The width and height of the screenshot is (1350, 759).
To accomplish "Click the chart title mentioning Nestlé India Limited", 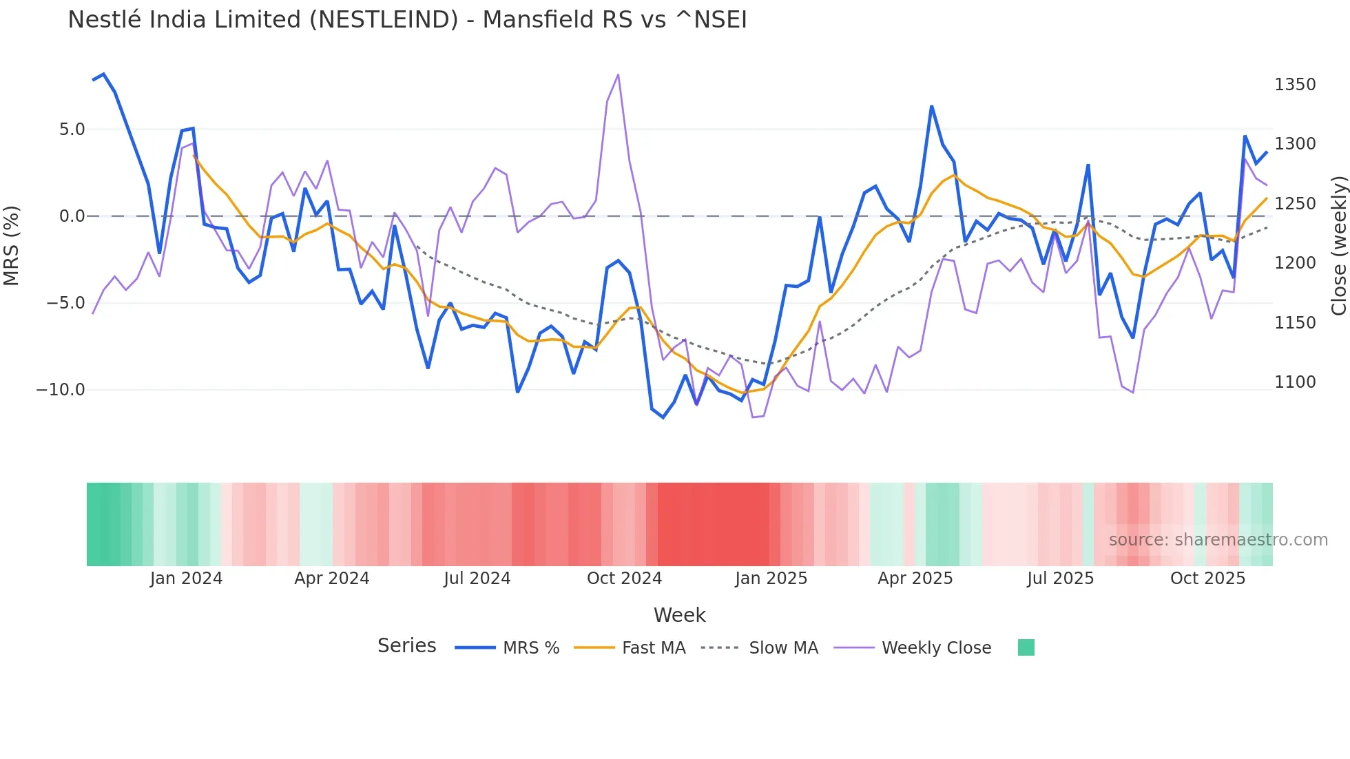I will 407,20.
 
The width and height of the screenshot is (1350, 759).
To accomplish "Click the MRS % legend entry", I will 530,648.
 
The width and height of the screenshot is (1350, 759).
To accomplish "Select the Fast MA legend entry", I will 653,648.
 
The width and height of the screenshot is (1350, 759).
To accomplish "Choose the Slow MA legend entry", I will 783,648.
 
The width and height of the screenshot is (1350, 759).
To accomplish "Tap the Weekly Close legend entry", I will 936,648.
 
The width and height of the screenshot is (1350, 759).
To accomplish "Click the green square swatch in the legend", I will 1026,647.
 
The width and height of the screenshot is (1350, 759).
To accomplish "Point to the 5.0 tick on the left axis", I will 72,129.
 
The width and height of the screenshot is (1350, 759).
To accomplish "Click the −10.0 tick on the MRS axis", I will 61,390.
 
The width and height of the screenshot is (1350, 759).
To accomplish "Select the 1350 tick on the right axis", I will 1295,85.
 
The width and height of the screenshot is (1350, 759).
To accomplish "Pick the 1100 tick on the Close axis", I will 1295,382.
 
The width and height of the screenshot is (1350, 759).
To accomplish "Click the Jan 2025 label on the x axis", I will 771,579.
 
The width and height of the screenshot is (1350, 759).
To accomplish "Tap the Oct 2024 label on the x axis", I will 624,579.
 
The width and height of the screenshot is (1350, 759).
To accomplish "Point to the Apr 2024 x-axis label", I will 332,579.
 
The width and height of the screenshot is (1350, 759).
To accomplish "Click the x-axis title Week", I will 679,615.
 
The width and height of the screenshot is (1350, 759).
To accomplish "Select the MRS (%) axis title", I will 12,245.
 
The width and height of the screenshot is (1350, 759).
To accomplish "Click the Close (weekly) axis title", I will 1338,245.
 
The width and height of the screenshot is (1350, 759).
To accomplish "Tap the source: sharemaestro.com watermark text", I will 1218,540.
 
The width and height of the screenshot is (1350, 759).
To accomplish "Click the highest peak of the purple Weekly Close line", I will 618,75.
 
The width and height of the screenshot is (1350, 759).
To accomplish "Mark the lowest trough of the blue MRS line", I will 663,417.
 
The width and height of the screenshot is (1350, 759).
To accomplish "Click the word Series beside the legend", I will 406,646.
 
